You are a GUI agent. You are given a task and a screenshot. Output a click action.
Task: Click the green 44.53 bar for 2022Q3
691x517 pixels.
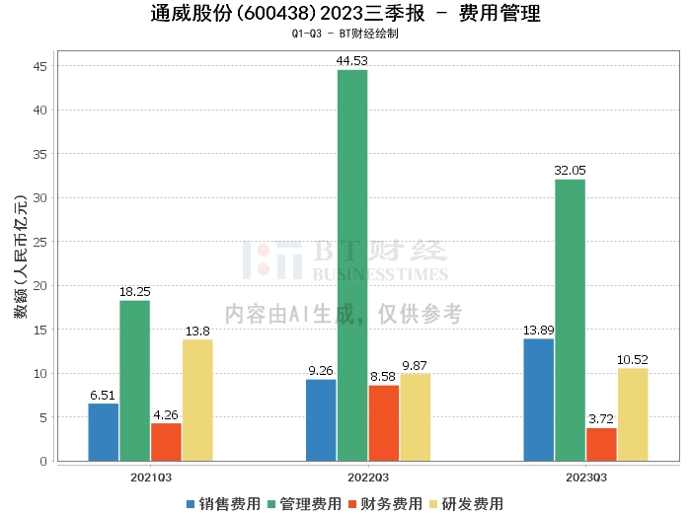352,265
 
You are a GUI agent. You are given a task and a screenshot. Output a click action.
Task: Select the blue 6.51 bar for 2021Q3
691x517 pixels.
103,432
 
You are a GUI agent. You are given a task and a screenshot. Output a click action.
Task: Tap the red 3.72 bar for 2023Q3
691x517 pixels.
601,445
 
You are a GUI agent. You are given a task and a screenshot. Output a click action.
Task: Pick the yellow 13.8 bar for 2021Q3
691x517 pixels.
197,401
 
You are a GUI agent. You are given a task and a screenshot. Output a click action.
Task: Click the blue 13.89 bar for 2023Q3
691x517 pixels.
539,400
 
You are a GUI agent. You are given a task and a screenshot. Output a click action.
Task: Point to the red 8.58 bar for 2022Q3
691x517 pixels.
384,423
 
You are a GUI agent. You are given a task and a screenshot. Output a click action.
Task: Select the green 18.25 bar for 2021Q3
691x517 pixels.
135,381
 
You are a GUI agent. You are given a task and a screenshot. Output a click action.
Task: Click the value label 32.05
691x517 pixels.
570,171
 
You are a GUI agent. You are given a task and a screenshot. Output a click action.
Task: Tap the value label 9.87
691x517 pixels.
415,365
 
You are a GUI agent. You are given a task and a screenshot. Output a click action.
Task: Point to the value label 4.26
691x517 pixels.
166,414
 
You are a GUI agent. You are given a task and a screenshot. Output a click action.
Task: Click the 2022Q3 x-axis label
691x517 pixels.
368,478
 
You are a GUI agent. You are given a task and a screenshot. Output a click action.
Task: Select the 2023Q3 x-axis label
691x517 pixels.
586,478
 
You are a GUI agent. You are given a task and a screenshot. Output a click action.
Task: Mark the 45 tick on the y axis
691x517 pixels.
39,66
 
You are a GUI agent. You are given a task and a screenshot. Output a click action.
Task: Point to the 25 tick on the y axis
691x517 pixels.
39,242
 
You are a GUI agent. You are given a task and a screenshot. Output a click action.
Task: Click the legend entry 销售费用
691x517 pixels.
223,504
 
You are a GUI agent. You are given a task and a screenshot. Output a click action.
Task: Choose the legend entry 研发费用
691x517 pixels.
466,504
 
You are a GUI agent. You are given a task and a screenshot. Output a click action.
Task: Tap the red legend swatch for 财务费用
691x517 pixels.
352,504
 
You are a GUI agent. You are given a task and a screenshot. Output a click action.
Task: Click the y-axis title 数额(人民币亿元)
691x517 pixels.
21,257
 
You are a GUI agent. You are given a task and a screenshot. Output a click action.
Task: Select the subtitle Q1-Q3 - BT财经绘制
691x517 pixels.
345,34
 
